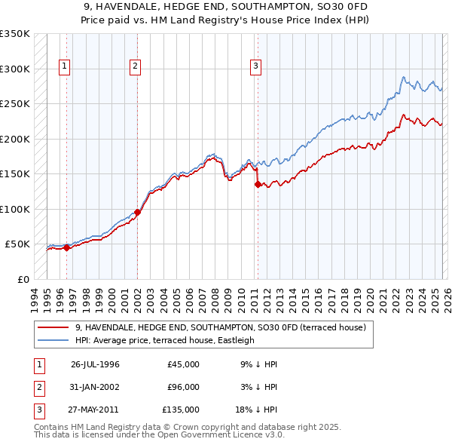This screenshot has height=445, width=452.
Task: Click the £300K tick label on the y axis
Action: pyautogui.click(x=15, y=69)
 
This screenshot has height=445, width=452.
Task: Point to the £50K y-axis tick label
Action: pyautogui.click(x=17, y=244)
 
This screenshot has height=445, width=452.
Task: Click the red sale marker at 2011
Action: pyautogui.click(x=258, y=184)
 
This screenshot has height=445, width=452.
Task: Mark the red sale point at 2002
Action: pyautogui.click(x=138, y=212)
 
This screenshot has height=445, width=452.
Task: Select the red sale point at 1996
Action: pyautogui.click(x=66, y=247)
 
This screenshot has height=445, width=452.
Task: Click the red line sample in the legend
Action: pyautogui.click(x=53, y=327)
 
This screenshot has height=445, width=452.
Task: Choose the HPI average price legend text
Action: pyautogui.click(x=165, y=340)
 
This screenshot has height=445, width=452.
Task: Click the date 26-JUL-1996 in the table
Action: pyautogui.click(x=95, y=364)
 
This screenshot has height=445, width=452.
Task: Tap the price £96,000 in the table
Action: pyautogui.click(x=183, y=387)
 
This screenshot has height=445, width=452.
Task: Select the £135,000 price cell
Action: pyautogui.click(x=181, y=410)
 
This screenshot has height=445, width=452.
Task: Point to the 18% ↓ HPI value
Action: pyautogui.click(x=258, y=410)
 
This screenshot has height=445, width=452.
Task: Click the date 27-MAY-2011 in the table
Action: pyautogui.click(x=95, y=410)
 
